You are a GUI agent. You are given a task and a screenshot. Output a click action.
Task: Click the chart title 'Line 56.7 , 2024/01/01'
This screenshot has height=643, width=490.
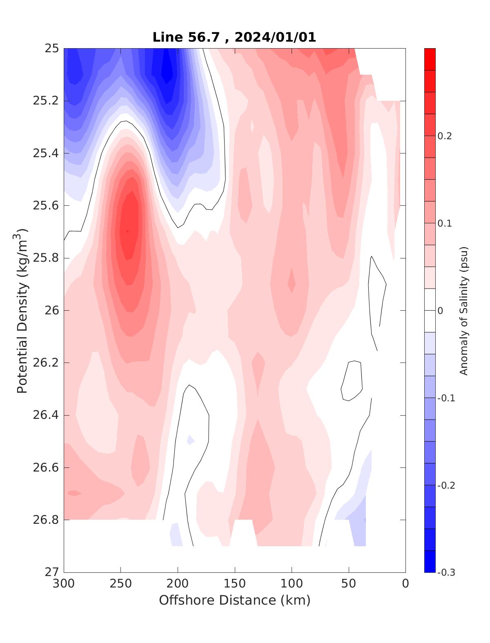(234, 38)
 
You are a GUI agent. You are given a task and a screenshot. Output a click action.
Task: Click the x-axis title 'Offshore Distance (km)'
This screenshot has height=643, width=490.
(234, 600)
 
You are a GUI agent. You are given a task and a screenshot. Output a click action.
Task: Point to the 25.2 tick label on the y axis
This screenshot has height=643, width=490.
(46, 101)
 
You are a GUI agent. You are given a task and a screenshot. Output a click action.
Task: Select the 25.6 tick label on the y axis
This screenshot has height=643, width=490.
(46, 205)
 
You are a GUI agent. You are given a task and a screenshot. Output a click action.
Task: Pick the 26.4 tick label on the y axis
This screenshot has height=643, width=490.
(46, 415)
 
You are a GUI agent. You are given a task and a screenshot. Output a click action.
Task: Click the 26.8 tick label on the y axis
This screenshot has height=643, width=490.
(46, 520)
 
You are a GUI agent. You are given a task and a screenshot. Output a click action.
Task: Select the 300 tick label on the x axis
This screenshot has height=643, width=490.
(64, 583)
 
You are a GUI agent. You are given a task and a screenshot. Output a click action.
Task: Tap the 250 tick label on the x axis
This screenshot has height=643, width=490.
(121, 583)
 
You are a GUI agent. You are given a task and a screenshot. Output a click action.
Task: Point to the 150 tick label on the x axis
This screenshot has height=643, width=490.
(235, 583)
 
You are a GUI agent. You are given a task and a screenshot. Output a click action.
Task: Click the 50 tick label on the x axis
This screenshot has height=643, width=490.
(349, 583)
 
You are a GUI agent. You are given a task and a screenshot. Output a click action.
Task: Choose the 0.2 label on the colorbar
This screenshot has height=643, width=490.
(445, 136)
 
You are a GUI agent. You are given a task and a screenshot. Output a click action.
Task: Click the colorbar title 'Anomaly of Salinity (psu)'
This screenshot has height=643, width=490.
(463, 310)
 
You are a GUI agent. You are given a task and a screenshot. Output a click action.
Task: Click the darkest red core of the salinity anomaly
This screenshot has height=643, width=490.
(127, 231)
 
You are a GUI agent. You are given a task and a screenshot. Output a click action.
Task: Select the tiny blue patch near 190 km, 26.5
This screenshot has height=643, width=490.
(190, 440)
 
